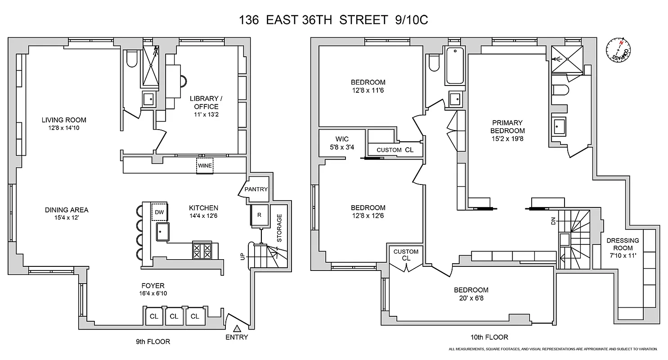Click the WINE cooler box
[205, 166]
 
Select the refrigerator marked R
[259, 215]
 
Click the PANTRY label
[256, 189]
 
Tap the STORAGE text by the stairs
[279, 228]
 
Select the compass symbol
[619, 49]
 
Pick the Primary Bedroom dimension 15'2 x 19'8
[507, 139]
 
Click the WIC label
[342, 139]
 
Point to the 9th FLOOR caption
[153, 342]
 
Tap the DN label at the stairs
[553, 221]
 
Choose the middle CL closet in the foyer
[174, 316]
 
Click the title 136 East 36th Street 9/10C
[333, 20]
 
